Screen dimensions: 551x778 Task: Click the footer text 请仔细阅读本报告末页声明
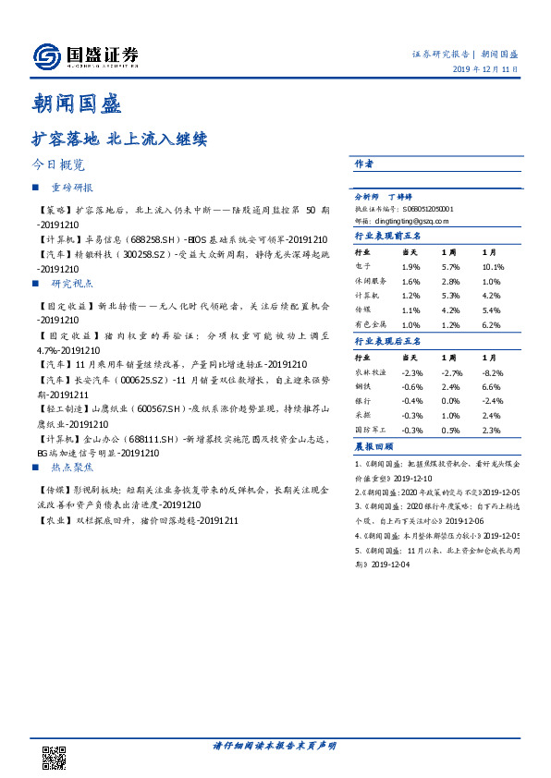tap(275, 745)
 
